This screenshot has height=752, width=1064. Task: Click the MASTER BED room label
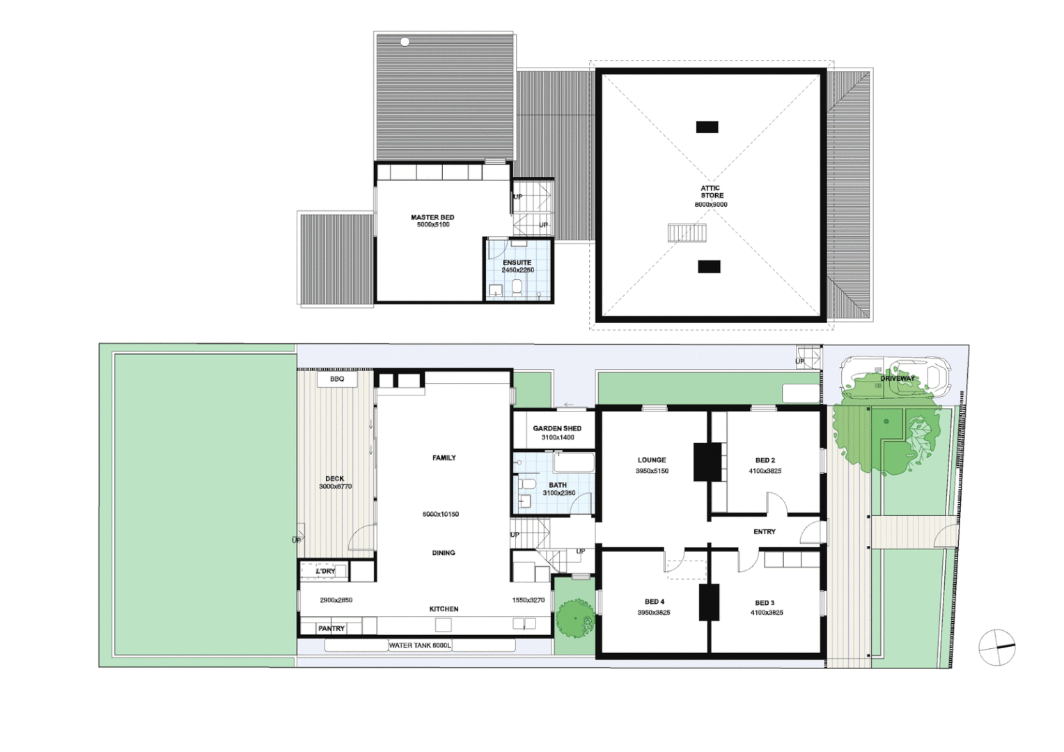(x=432, y=218)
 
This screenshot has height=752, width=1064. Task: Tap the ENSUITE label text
(x=517, y=263)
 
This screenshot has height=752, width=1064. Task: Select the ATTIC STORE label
(x=711, y=191)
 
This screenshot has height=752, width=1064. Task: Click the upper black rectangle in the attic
(x=707, y=127)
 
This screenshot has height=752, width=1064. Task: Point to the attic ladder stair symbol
(x=687, y=233)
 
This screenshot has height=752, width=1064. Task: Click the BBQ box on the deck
(x=337, y=379)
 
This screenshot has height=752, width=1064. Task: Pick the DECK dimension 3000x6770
(x=335, y=487)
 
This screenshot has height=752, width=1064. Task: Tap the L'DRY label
(x=325, y=571)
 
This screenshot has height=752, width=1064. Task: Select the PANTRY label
(x=331, y=629)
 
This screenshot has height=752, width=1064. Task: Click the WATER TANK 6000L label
(x=420, y=646)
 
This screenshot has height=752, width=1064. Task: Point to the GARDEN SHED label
(x=557, y=428)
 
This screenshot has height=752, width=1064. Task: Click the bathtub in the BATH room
(x=574, y=462)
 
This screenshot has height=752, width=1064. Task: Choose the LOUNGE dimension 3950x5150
(x=652, y=471)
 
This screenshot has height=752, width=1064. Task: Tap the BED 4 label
(x=654, y=602)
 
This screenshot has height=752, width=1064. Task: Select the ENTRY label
(x=764, y=532)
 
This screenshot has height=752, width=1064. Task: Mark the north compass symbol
(x=996, y=648)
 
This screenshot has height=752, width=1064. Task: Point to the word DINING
(x=444, y=553)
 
